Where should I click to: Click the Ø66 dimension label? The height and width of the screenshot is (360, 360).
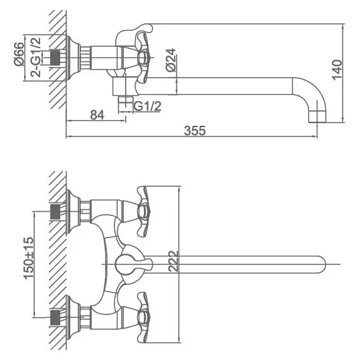coord(19,54)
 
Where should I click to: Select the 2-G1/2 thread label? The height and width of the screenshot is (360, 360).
coord(36,57)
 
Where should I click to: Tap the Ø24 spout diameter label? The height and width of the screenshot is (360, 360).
coord(171,60)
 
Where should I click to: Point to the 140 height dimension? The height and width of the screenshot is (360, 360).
coord(337,70)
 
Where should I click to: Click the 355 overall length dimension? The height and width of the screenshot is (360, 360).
coord(195,130)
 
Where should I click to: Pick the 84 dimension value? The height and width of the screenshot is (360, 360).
coord(97,115)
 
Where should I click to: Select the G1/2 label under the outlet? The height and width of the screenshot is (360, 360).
coord(147,106)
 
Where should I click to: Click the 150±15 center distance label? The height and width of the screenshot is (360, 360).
coord(29,258)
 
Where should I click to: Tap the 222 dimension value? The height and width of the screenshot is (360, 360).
coord(173,261)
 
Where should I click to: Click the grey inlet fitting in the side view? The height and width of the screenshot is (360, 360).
coord(55,58)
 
